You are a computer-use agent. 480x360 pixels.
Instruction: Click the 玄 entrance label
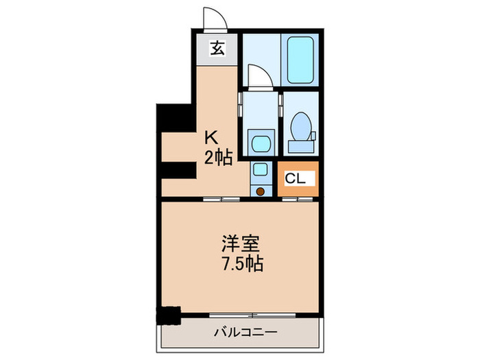[217, 49]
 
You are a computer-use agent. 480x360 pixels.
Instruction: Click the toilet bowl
[300, 127]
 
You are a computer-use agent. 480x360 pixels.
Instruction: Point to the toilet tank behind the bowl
[300, 144]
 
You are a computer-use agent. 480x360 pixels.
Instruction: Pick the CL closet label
[296, 178]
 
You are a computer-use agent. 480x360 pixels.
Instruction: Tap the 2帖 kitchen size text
[218, 158]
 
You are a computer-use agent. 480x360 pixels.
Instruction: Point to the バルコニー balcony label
[244, 333]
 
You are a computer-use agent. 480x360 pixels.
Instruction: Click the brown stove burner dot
[260, 191]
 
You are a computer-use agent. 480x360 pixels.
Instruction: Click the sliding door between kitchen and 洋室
[221, 198]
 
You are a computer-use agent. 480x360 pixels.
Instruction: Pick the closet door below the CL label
[299, 198]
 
